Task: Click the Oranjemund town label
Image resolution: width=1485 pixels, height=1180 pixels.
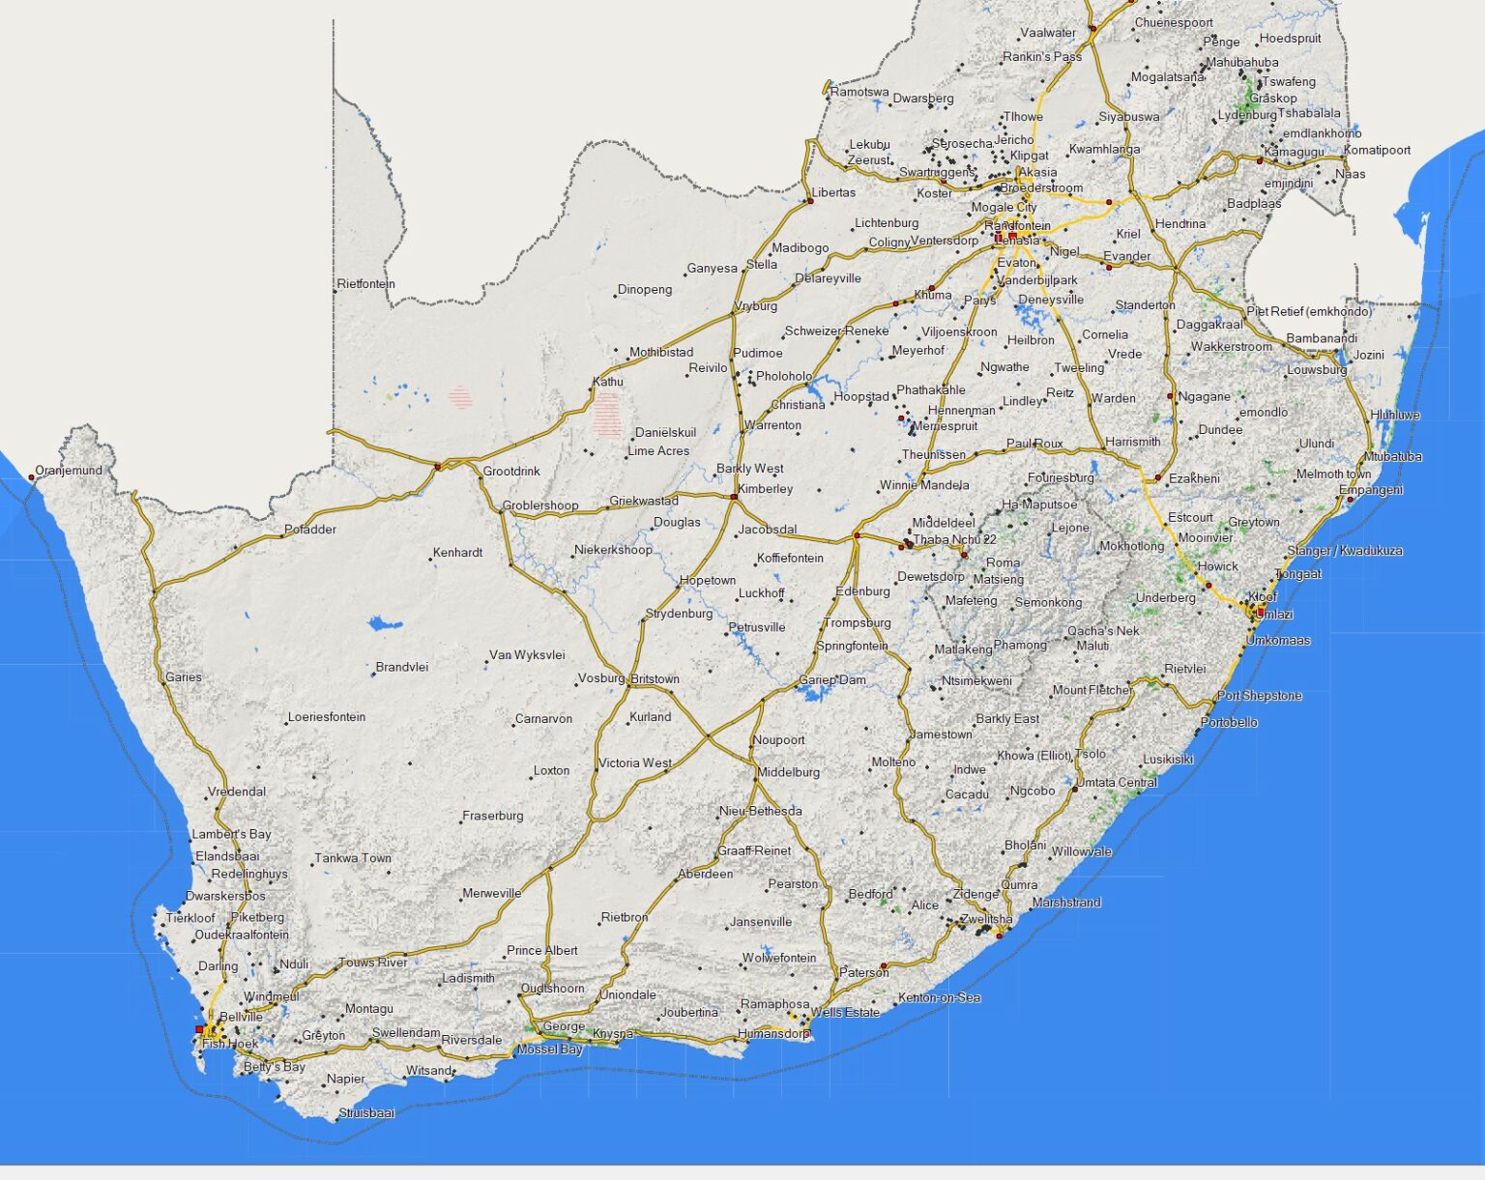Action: click(69, 471)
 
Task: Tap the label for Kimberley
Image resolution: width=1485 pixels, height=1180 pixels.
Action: click(766, 489)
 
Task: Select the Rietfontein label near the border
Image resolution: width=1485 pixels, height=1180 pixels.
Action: click(366, 284)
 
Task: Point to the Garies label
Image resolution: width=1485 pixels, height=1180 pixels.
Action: click(184, 677)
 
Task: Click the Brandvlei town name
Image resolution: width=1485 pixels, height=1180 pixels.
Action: click(402, 667)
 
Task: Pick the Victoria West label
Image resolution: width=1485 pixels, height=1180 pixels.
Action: click(635, 763)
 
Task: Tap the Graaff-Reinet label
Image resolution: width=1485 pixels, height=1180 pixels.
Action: click(754, 850)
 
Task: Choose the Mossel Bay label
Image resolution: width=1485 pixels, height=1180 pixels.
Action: click(550, 1050)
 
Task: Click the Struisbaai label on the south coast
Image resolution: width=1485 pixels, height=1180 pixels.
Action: click(367, 1113)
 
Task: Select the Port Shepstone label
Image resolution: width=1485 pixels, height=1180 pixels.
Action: click(1260, 696)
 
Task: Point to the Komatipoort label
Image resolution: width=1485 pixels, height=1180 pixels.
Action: click(1378, 150)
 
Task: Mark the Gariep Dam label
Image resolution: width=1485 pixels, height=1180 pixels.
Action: click(833, 679)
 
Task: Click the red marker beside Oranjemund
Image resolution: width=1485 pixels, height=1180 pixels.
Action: click(31, 477)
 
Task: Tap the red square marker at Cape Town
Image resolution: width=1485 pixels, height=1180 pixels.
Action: click(200, 1030)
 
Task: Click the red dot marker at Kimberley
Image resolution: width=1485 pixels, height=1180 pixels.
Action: click(735, 497)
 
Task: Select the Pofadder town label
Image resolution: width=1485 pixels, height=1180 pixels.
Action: click(310, 530)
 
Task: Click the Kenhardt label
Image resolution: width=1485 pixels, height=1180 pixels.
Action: click(458, 553)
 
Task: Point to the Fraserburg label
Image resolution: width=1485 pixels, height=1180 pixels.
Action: click(493, 816)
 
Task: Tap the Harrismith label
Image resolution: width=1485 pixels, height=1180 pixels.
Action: click(1133, 442)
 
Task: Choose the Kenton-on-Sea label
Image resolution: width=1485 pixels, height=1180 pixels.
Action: click(940, 997)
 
